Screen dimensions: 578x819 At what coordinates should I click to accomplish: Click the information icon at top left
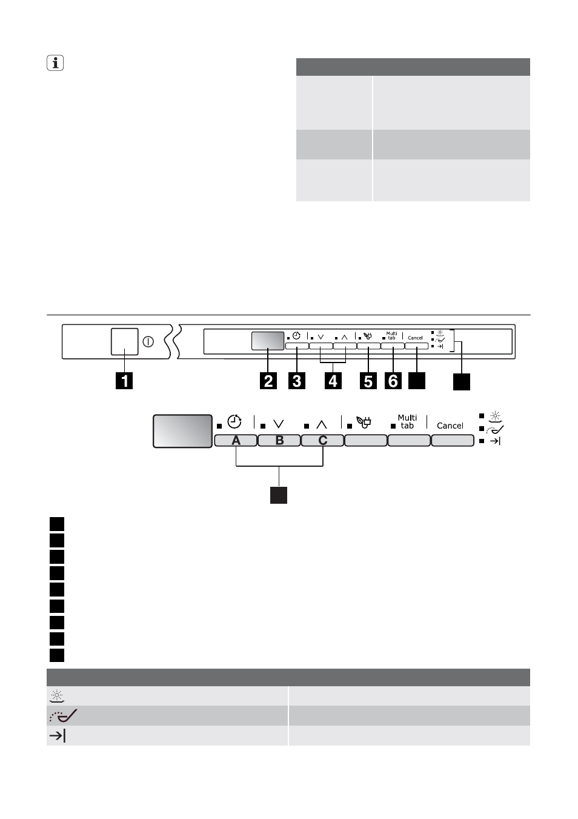[x=55, y=63]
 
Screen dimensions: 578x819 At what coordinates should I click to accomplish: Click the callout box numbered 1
[x=124, y=381]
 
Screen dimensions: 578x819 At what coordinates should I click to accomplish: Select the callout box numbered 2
[x=268, y=381]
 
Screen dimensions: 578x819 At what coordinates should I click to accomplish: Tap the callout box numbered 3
[x=297, y=381]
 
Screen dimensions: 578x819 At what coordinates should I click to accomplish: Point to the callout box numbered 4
[x=333, y=381]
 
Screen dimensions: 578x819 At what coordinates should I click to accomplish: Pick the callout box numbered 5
[x=368, y=381]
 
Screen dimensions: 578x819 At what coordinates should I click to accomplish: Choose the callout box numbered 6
[x=393, y=381]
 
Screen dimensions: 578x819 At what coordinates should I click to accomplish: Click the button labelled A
[x=236, y=441]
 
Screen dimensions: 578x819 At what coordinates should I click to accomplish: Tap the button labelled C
[x=322, y=441]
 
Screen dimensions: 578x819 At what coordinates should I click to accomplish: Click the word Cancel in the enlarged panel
[x=450, y=426]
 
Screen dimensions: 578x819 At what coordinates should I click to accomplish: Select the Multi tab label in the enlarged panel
[x=407, y=421]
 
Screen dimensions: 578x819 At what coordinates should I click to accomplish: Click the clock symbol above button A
[x=234, y=421]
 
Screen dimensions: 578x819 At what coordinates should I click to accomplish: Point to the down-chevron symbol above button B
[x=279, y=424]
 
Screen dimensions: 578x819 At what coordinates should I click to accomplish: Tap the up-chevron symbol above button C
[x=322, y=424]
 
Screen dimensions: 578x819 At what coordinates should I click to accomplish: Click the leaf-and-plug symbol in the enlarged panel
[x=364, y=422]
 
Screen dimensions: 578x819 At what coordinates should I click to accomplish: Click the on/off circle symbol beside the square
[x=148, y=342]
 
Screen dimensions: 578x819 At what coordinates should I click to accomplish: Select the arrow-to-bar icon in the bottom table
[x=58, y=735]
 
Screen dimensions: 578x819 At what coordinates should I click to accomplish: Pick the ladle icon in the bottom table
[x=63, y=715]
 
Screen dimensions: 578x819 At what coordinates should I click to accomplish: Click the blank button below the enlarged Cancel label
[x=453, y=441]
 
